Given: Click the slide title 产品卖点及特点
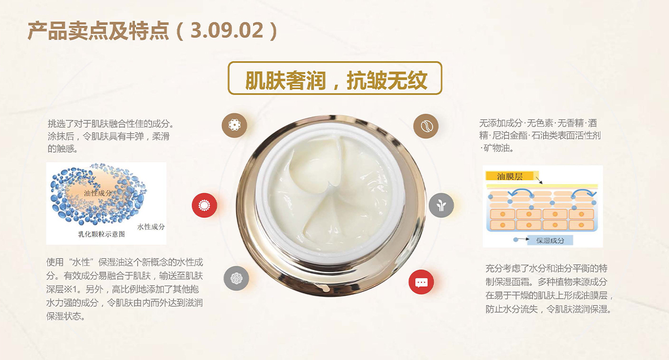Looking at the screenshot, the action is (98, 31).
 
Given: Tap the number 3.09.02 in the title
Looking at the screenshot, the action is (227, 31).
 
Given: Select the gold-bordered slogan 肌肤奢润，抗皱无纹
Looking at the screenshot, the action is (335, 78).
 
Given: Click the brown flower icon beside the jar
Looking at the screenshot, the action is (235, 125).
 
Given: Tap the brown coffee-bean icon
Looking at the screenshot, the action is (426, 126).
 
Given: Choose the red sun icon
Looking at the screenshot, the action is (204, 206).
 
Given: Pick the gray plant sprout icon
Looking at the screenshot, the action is (441, 205).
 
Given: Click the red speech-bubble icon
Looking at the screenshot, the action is (421, 282).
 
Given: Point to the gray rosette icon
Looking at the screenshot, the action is (236, 278).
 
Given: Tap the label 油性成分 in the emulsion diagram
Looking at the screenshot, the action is (98, 193).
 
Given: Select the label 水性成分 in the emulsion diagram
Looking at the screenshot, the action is (151, 227).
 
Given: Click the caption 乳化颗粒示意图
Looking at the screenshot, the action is (101, 234).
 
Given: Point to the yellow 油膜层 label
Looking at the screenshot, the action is (510, 177).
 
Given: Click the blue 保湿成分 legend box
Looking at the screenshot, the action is (550, 240).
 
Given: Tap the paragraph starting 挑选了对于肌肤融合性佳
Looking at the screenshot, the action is (110, 136).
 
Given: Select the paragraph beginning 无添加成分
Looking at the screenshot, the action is (540, 135).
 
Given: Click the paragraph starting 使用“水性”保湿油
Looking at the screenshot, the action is (124, 289).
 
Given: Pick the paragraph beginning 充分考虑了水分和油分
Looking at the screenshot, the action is (549, 289).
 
